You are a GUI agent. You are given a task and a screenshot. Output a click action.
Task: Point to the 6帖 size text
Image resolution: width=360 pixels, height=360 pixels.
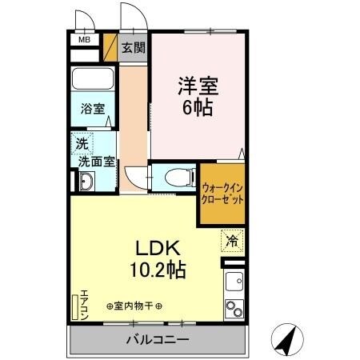tap(197, 107)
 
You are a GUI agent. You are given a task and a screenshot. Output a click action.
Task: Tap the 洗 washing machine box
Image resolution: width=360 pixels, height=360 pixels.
tap(81, 144)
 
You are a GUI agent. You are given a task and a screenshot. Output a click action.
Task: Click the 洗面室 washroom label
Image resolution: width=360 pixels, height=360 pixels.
tap(94, 162)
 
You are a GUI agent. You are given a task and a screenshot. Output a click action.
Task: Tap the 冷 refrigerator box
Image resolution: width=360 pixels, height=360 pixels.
tap(231, 239)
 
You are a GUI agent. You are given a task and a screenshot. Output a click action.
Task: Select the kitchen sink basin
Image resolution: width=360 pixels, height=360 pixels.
tap(234, 282)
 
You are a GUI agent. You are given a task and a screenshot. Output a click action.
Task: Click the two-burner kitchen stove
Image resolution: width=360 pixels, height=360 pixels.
tap(234, 308)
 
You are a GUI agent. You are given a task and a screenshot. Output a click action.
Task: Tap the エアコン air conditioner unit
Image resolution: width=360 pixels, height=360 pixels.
tap(78, 307)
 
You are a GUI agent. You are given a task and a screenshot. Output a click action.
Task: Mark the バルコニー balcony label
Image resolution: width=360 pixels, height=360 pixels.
tap(157, 340)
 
